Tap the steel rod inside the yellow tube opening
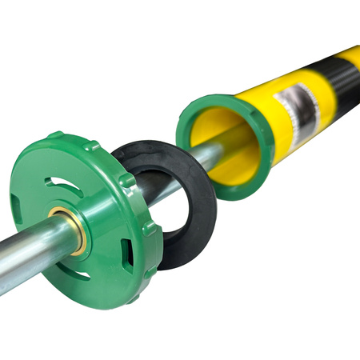click(x=224, y=148)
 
